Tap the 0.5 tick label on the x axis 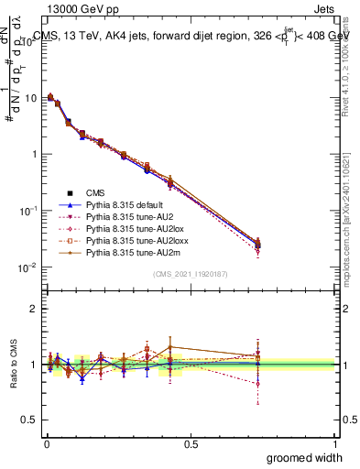[x=191, y=442]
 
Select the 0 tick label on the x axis [x=46, y=442]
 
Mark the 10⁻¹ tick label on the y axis [x=27, y=211]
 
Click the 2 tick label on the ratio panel [x=33, y=310]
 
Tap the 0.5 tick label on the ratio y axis [x=28, y=420]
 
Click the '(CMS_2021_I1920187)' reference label [x=191, y=274]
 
